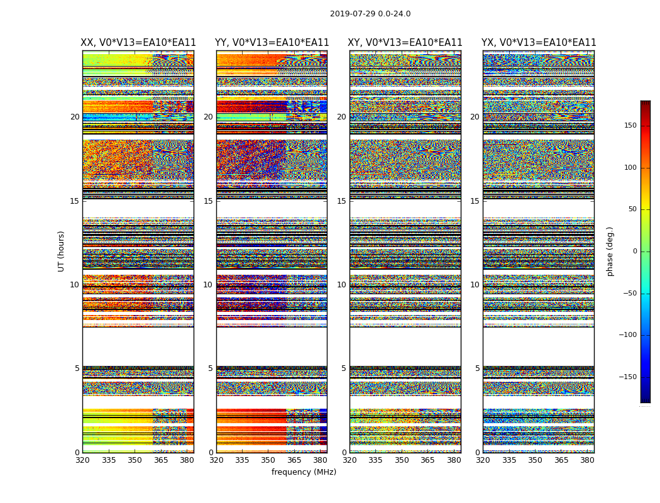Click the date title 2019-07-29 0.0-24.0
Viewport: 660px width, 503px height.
tap(370, 14)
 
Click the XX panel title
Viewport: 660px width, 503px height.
tap(138, 43)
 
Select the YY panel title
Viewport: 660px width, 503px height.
tap(272, 43)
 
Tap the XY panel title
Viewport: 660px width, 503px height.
tap(405, 43)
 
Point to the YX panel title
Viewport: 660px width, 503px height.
tap(539, 43)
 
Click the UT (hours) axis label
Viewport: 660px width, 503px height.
tap(61, 251)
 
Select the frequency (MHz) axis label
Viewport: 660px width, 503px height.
tap(304, 472)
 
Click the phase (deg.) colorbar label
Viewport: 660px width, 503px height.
tap(610, 251)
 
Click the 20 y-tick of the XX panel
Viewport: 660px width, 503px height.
tap(75, 117)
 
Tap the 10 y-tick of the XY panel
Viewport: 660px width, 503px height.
tap(341, 285)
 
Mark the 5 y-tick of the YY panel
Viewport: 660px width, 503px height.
tap(211, 368)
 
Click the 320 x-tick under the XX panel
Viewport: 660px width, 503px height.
tap(82, 460)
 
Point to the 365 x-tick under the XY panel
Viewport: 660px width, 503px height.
tap(427, 460)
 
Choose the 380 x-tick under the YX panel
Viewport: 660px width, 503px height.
tap(587, 460)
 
